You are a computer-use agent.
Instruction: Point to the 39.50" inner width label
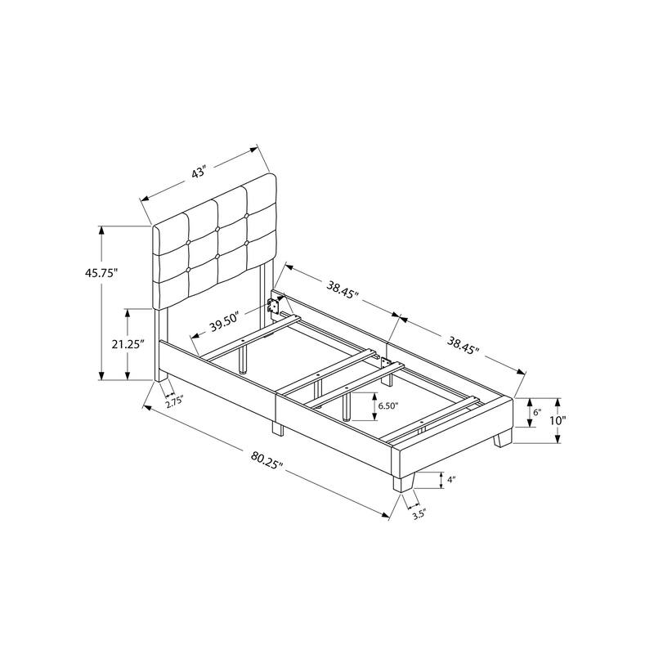(222, 324)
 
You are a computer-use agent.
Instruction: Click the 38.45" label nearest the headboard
(341, 289)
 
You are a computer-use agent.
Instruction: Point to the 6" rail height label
(536, 413)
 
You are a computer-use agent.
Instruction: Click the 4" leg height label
(450, 480)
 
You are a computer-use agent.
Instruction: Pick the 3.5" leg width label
(419, 514)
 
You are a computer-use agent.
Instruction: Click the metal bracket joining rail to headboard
(274, 306)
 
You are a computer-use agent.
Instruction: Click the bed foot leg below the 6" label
(501, 440)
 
